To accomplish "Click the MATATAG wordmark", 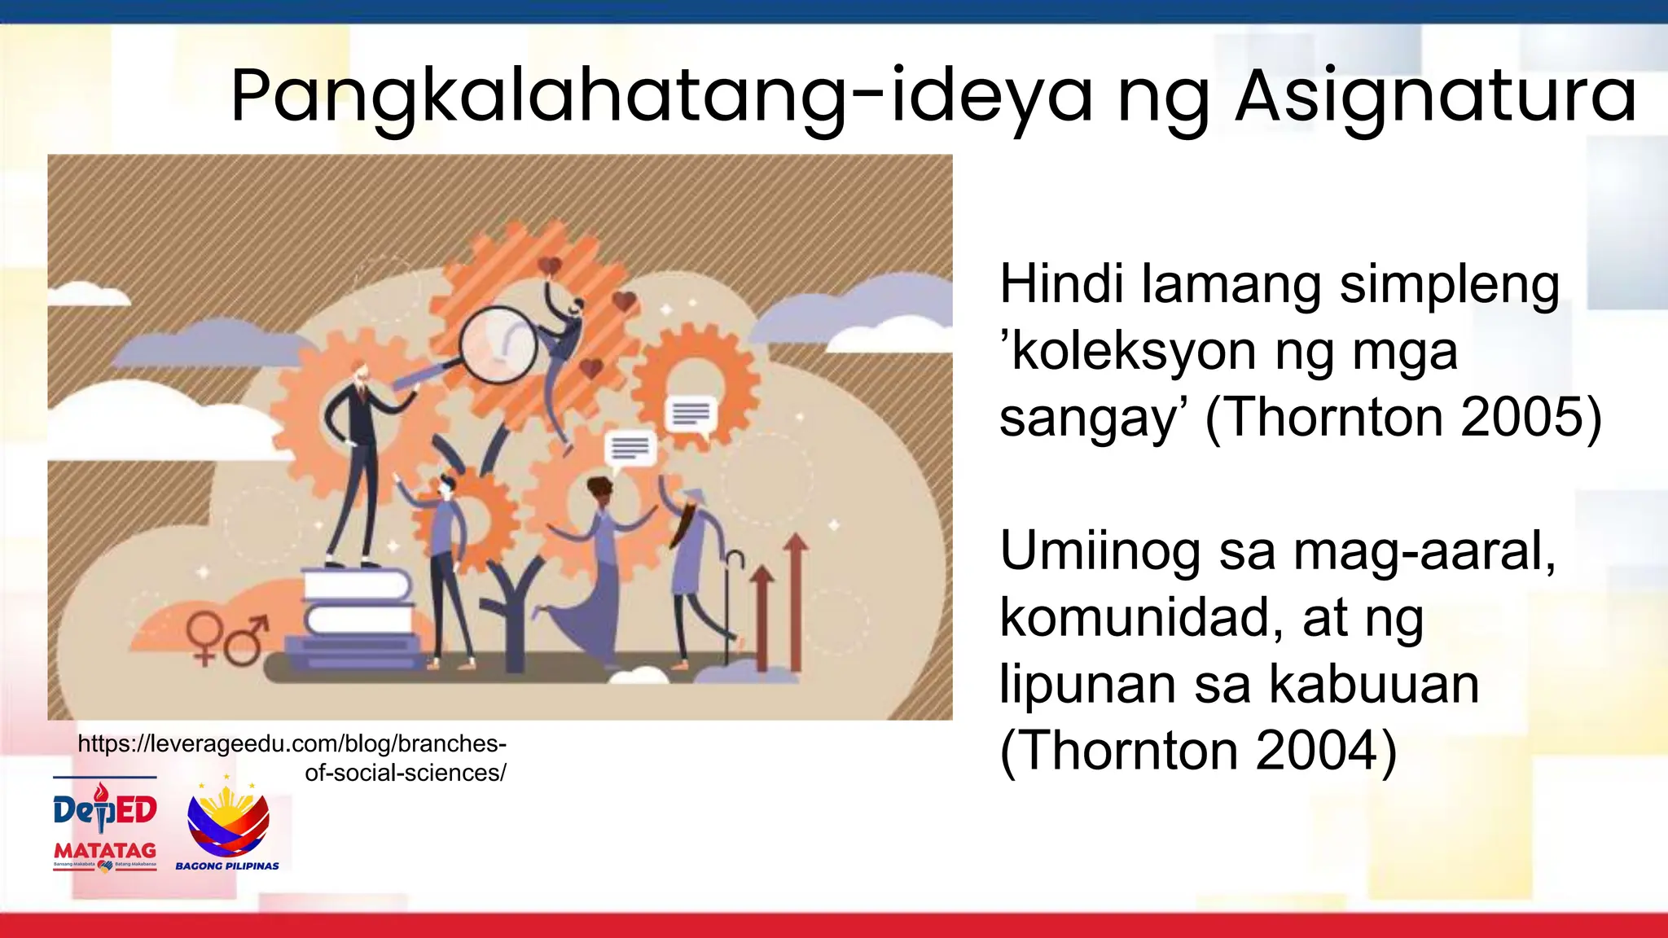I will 104,851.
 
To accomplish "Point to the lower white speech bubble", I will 630,449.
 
